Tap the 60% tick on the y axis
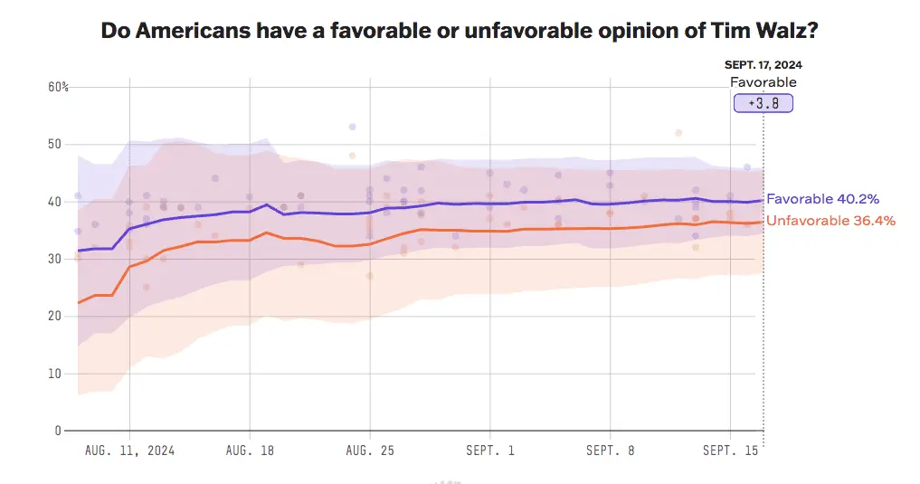pos(59,87)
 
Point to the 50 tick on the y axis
pos(54,144)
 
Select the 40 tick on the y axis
pos(54,202)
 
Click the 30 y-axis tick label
pos(54,259)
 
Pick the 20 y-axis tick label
pos(54,316)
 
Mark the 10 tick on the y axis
pos(54,374)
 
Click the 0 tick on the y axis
pos(57,431)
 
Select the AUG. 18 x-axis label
pos(250,450)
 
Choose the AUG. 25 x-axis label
pos(370,450)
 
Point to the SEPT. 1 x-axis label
pos(490,450)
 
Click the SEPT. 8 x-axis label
pos(611,450)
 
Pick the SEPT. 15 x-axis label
pos(731,450)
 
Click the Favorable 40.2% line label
pos(822,199)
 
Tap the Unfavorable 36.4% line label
pos(830,221)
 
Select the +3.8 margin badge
pos(764,103)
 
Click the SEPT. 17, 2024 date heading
pos(764,65)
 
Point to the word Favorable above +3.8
pos(764,82)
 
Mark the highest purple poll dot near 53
pos(352,127)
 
